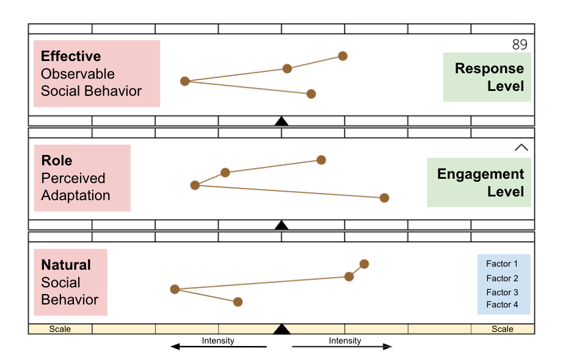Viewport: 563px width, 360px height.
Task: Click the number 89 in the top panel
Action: (519, 45)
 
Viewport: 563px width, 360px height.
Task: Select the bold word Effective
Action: (71, 57)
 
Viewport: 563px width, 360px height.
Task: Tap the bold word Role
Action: (57, 161)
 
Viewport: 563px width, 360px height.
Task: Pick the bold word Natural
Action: (66, 265)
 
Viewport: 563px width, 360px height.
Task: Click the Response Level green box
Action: (487, 77)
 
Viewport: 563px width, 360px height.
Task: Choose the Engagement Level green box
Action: (479, 182)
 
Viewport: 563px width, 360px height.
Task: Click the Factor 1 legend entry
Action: (502, 264)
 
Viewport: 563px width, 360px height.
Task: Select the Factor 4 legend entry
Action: (502, 304)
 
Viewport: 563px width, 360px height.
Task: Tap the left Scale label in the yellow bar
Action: (60, 329)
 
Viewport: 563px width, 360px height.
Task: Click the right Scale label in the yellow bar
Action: (503, 329)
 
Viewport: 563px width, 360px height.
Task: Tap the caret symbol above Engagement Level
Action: (521, 147)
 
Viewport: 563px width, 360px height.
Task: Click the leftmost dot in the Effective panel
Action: (185, 81)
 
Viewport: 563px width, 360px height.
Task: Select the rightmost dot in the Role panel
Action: (384, 198)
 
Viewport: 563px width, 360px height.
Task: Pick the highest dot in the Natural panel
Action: (364, 264)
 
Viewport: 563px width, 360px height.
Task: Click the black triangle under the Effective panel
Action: (281, 121)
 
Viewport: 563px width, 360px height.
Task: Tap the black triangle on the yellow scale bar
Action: (281, 329)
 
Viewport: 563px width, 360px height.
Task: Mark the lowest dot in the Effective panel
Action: (311, 94)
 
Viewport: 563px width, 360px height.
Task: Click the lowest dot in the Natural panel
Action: (238, 302)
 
